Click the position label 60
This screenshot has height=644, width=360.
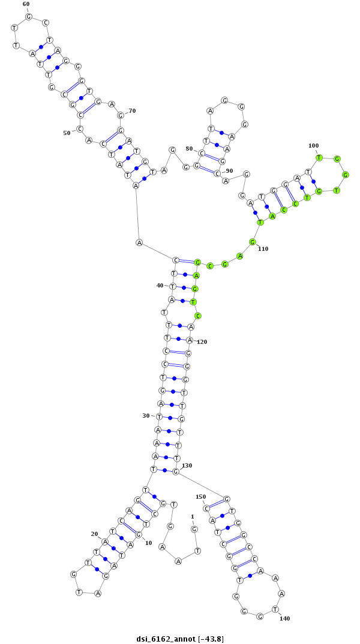click(x=26, y=4)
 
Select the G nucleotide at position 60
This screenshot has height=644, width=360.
click(x=28, y=16)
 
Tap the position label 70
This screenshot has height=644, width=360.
click(x=132, y=110)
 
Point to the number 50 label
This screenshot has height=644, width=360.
click(x=67, y=133)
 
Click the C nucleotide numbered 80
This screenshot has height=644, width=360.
click(x=202, y=153)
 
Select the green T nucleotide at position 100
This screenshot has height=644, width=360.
click(x=320, y=158)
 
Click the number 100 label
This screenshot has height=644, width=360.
click(x=313, y=145)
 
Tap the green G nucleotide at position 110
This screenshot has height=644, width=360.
click(x=253, y=242)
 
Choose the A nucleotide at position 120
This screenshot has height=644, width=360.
click(x=190, y=340)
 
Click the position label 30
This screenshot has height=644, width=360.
click(x=146, y=415)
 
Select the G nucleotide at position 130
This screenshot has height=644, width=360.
click(x=176, y=471)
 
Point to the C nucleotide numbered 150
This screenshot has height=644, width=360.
click(x=206, y=508)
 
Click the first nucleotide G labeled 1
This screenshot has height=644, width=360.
click(x=194, y=529)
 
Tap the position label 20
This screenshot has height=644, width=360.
click(x=94, y=534)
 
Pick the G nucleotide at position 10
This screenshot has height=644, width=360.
click(x=139, y=534)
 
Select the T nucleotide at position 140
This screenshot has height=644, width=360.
click(x=275, y=609)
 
